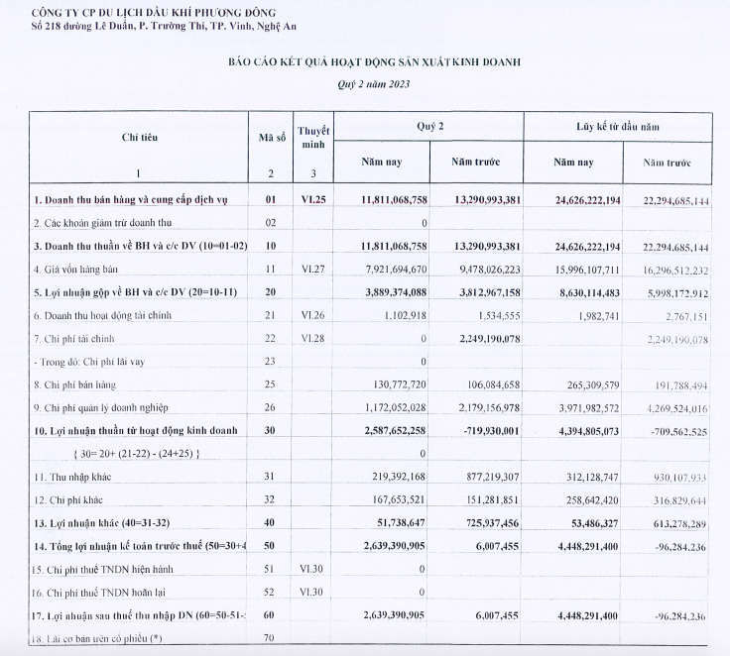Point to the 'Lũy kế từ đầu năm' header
(622, 128)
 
